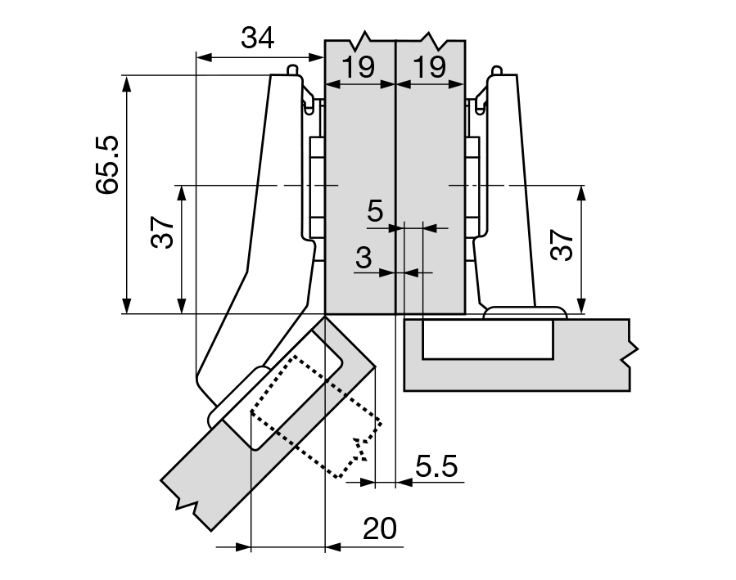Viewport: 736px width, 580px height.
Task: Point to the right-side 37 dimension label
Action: [x=562, y=243]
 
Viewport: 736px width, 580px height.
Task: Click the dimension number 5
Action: [x=374, y=211]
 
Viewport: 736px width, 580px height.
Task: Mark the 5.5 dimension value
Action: [x=436, y=468]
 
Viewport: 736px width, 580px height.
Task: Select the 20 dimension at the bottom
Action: [x=379, y=528]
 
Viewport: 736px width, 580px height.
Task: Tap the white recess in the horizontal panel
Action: [x=487, y=339]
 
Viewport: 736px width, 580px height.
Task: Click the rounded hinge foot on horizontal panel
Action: [x=524, y=313]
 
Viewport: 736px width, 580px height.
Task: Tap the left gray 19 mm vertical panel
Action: [x=360, y=196]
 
